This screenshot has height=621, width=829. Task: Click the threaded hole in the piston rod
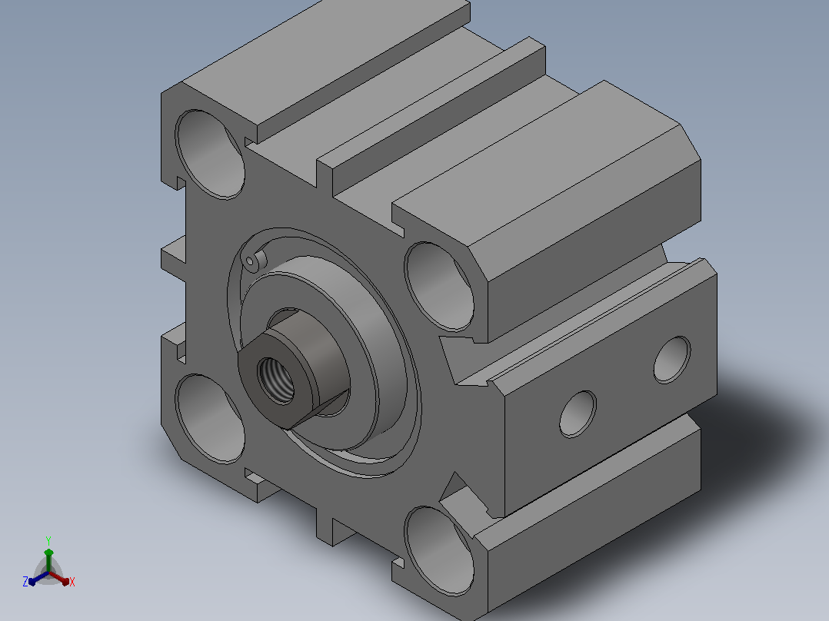pos(275,380)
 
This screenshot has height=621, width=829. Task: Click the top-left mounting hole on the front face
pos(210,154)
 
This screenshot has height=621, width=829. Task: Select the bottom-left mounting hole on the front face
pos(210,419)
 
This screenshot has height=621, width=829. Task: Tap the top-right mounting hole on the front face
pos(439,287)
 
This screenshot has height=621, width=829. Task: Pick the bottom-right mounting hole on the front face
pos(439,551)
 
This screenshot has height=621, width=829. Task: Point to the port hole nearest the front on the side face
pos(578,413)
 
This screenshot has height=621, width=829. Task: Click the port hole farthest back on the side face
pos(672,360)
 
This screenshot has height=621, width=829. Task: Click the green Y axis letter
pos(48,540)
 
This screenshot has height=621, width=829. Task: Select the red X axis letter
pos(72,582)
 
